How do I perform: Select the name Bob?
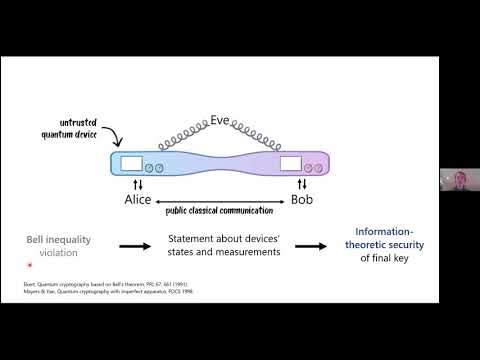[x=301, y=200]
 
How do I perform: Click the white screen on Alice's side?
[x=132, y=164]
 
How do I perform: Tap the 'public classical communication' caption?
[x=222, y=211]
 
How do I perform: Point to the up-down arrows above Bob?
[x=301, y=185]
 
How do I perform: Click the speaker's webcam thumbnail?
[x=458, y=181]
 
